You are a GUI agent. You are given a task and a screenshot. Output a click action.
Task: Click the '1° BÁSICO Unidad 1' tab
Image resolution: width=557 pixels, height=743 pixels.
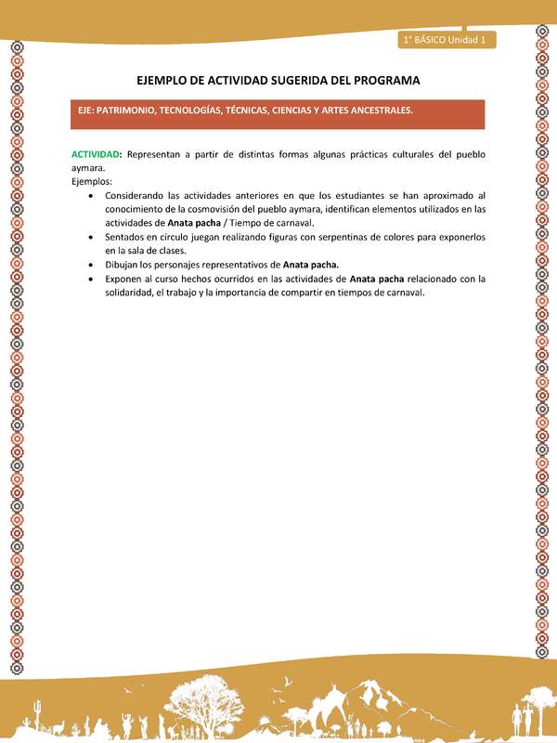(x=448, y=40)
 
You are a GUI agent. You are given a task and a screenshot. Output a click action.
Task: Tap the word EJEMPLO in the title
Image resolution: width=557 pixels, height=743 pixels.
(x=168, y=81)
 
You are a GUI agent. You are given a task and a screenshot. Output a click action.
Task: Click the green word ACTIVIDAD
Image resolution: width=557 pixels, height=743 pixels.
(x=96, y=153)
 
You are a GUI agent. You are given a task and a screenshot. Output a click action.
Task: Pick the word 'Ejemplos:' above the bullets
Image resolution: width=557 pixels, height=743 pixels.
(x=92, y=182)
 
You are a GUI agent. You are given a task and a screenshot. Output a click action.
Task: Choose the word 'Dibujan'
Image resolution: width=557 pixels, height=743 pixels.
(x=123, y=266)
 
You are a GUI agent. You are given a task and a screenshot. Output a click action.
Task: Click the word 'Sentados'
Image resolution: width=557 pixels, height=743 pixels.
(x=127, y=238)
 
